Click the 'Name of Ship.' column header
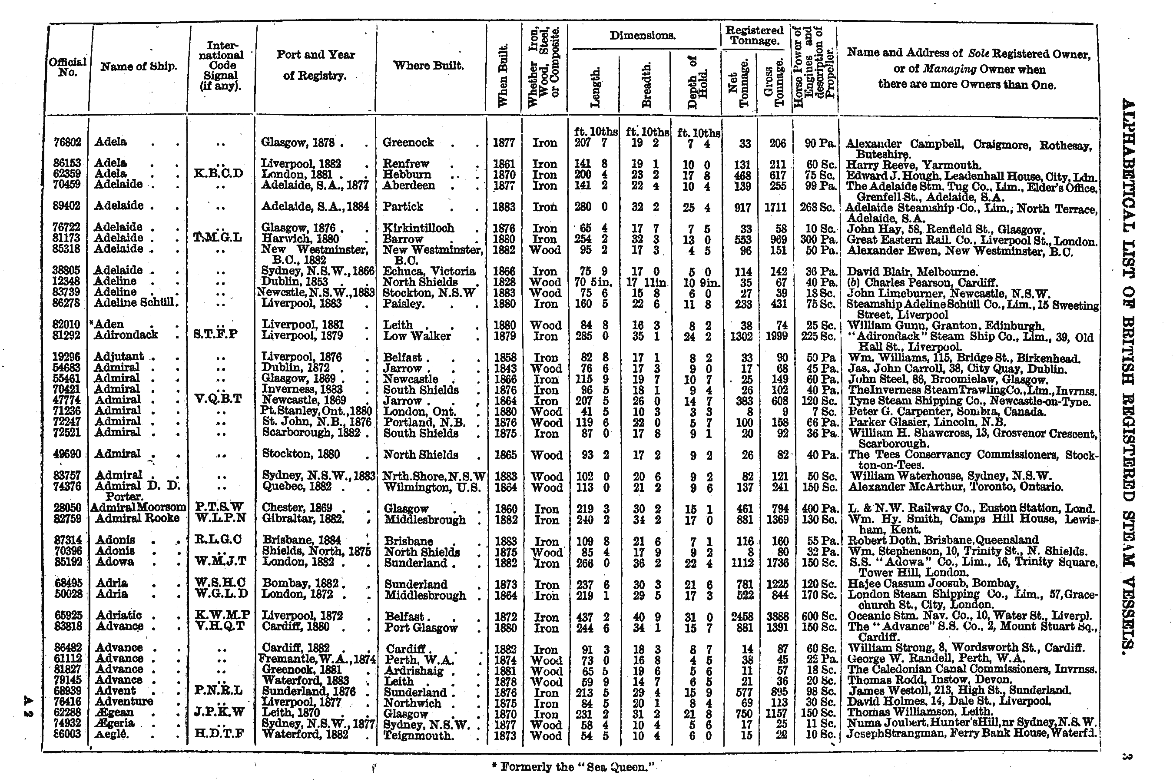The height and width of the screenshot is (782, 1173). [x=139, y=66]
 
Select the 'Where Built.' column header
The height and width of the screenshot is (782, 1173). [x=428, y=65]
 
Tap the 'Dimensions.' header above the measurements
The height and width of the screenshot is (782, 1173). [x=643, y=36]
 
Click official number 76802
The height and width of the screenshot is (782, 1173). [x=67, y=142]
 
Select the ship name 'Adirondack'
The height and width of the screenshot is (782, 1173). [x=126, y=335]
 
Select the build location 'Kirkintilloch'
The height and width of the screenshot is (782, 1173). [x=418, y=228]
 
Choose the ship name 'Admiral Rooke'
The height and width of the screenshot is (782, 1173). [x=137, y=518]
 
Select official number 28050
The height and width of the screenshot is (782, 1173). [x=67, y=508]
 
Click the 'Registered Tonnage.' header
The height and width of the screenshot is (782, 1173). [x=754, y=36]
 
